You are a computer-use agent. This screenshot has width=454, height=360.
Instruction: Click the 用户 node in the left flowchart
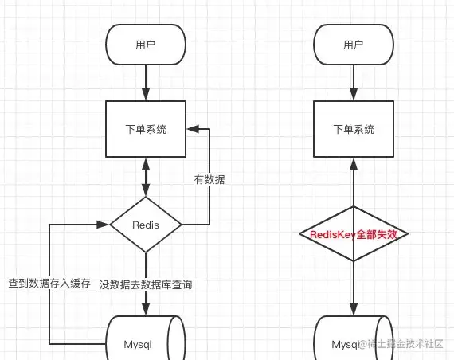[146, 45]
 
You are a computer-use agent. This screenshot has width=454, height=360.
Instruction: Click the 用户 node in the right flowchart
[354, 45]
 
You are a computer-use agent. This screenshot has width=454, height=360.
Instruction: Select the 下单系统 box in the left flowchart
[146, 129]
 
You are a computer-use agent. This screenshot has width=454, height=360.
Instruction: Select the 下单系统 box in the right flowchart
[354, 129]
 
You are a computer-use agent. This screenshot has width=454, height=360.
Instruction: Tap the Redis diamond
[146, 225]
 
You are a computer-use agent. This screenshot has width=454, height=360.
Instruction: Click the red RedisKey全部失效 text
[353, 234]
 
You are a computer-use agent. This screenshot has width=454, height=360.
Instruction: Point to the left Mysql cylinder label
[138, 344]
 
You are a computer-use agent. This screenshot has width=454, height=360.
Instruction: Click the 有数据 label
[209, 179]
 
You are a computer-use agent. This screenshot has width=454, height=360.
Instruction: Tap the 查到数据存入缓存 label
[49, 283]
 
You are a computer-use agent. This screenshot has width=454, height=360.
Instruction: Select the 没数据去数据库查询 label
[146, 284]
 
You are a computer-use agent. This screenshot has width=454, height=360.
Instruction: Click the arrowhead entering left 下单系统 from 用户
[146, 95]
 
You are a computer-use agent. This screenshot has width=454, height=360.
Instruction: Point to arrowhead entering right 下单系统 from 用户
[354, 95]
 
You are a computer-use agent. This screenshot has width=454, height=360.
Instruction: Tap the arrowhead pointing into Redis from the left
[103, 225]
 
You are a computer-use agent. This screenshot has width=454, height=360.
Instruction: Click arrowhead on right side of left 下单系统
[193, 129]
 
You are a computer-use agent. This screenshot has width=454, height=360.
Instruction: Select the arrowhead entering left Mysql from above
[146, 309]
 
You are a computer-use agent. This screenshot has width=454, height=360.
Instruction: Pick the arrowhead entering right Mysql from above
[354, 309]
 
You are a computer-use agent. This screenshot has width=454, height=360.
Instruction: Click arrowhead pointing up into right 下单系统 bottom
[354, 164]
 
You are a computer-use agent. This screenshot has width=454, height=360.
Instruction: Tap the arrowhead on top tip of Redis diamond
[146, 190]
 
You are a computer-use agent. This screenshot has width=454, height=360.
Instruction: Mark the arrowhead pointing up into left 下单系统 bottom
[146, 164]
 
